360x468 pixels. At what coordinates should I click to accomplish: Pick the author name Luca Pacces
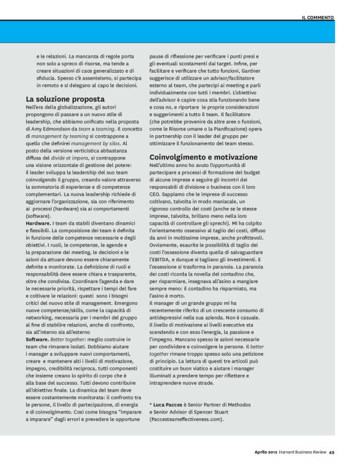click(x=169, y=404)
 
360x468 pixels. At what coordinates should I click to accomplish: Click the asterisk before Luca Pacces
click(x=151, y=404)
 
